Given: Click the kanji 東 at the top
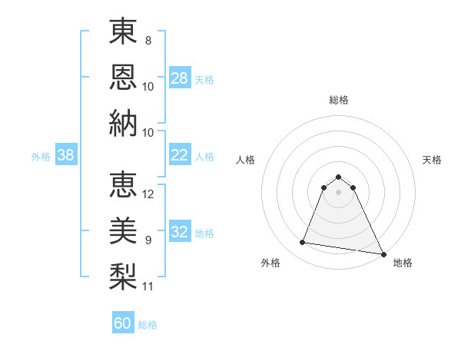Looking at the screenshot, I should tap(123, 31).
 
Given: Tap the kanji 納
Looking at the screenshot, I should tap(123, 122).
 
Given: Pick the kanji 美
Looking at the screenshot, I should tap(123, 230).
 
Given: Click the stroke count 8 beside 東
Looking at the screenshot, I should tap(148, 40).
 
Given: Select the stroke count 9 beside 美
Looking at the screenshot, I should tap(148, 240).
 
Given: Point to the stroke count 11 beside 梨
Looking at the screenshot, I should tap(148, 286).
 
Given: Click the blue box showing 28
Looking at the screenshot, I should tap(179, 78).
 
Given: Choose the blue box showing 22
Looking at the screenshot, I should tap(179, 155).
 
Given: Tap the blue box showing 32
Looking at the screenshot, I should tap(179, 232).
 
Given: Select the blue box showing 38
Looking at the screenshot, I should tap(65, 155).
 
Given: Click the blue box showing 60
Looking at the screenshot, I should tap(123, 323).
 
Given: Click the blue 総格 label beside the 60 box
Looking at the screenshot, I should tap(148, 325).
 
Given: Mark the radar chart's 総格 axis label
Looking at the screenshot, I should tap(338, 100).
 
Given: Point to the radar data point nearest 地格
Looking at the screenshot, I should tap(383, 253).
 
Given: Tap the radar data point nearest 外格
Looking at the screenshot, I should tap(303, 243).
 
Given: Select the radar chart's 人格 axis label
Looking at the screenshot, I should tap(245, 160).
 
